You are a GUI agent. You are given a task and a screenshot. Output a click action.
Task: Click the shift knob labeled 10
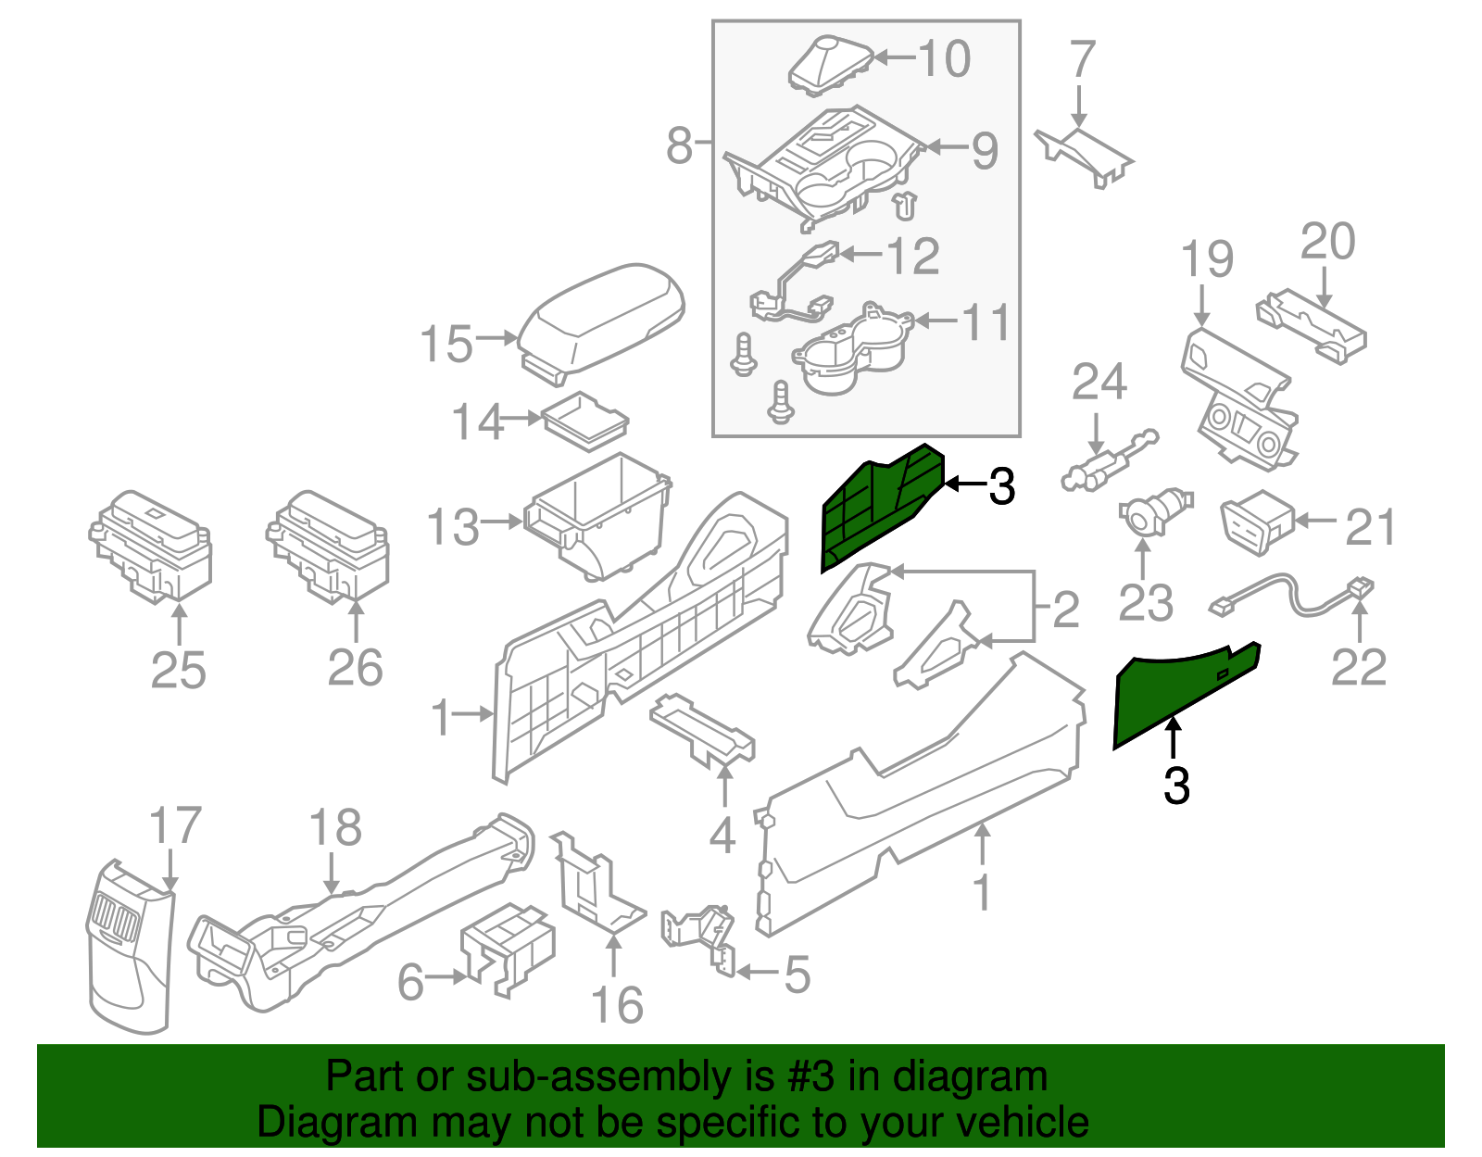tap(829, 65)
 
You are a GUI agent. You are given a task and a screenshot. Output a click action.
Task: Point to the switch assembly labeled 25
tap(152, 547)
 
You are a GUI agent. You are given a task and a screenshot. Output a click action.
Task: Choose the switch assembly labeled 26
tap(328, 547)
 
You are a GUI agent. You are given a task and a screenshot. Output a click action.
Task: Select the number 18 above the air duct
tap(334, 827)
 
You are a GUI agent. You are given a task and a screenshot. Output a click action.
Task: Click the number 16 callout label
tap(617, 1006)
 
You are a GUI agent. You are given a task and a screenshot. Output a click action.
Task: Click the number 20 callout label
tap(1327, 242)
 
